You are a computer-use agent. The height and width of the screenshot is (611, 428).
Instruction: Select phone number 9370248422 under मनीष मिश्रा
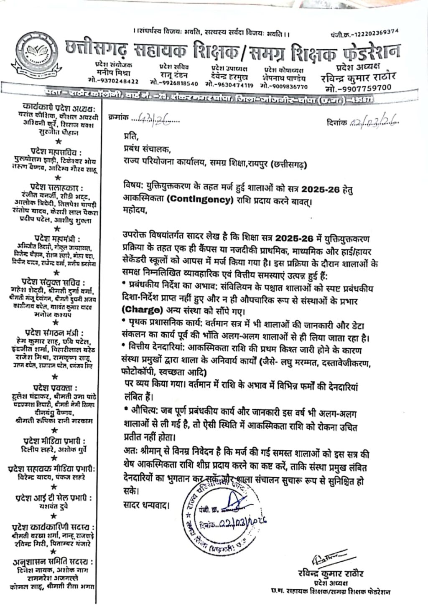click(113, 81)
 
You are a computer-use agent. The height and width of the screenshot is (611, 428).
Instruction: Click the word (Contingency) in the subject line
click(200, 200)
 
